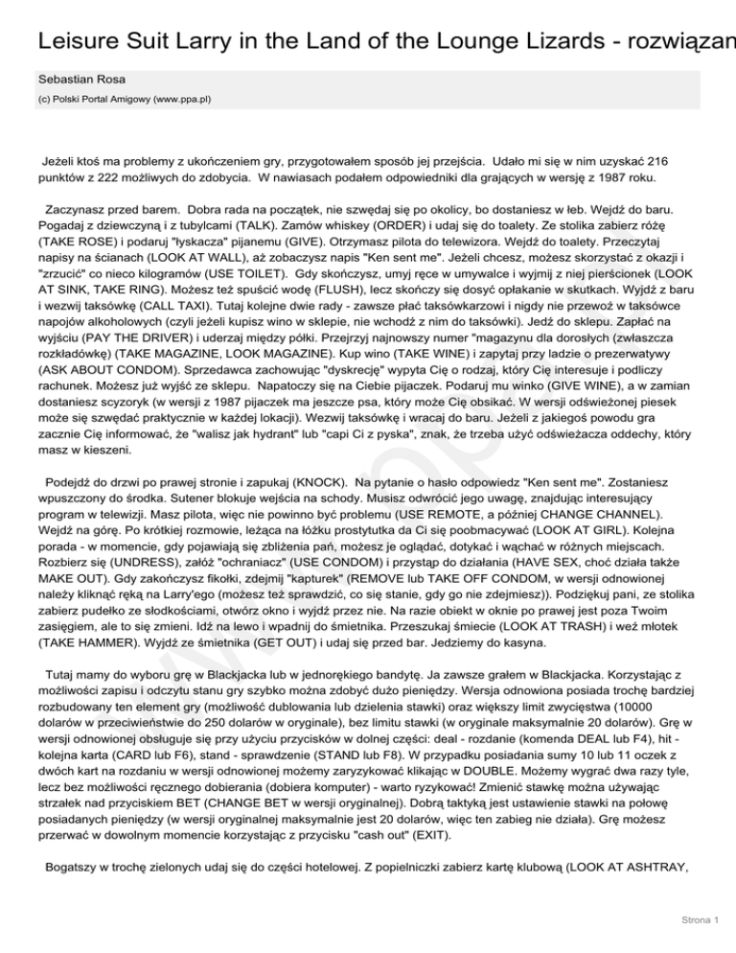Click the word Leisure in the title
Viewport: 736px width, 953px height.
[x=76, y=43]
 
